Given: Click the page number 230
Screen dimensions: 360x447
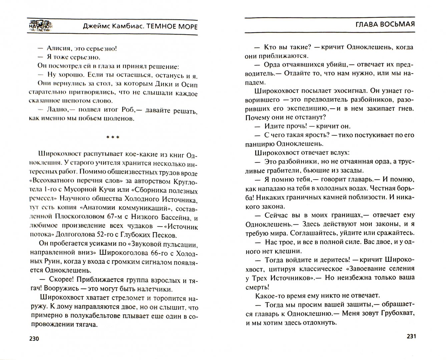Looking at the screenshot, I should [34, 339].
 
